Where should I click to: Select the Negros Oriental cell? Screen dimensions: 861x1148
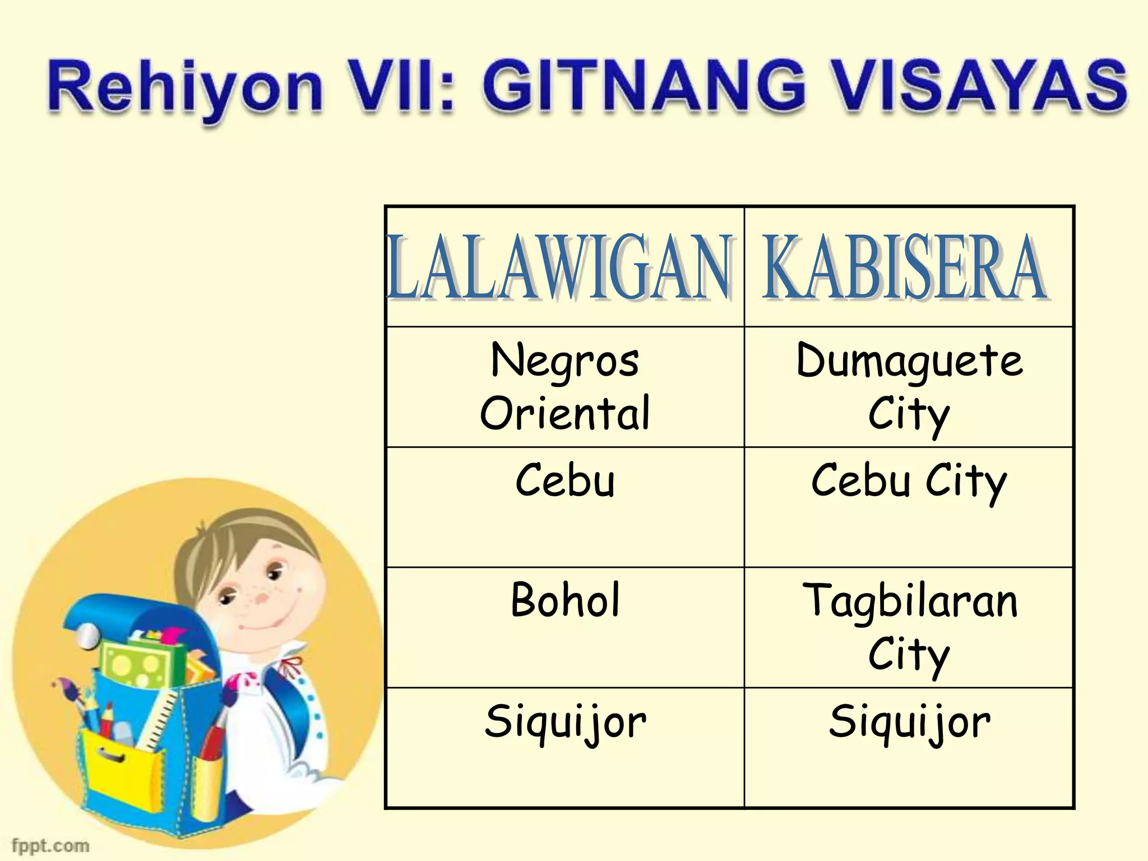[x=565, y=387]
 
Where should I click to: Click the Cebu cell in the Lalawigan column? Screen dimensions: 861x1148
[x=565, y=480]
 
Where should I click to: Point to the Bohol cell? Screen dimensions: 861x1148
[x=565, y=600]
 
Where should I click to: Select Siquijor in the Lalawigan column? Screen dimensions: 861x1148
[x=565, y=723]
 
